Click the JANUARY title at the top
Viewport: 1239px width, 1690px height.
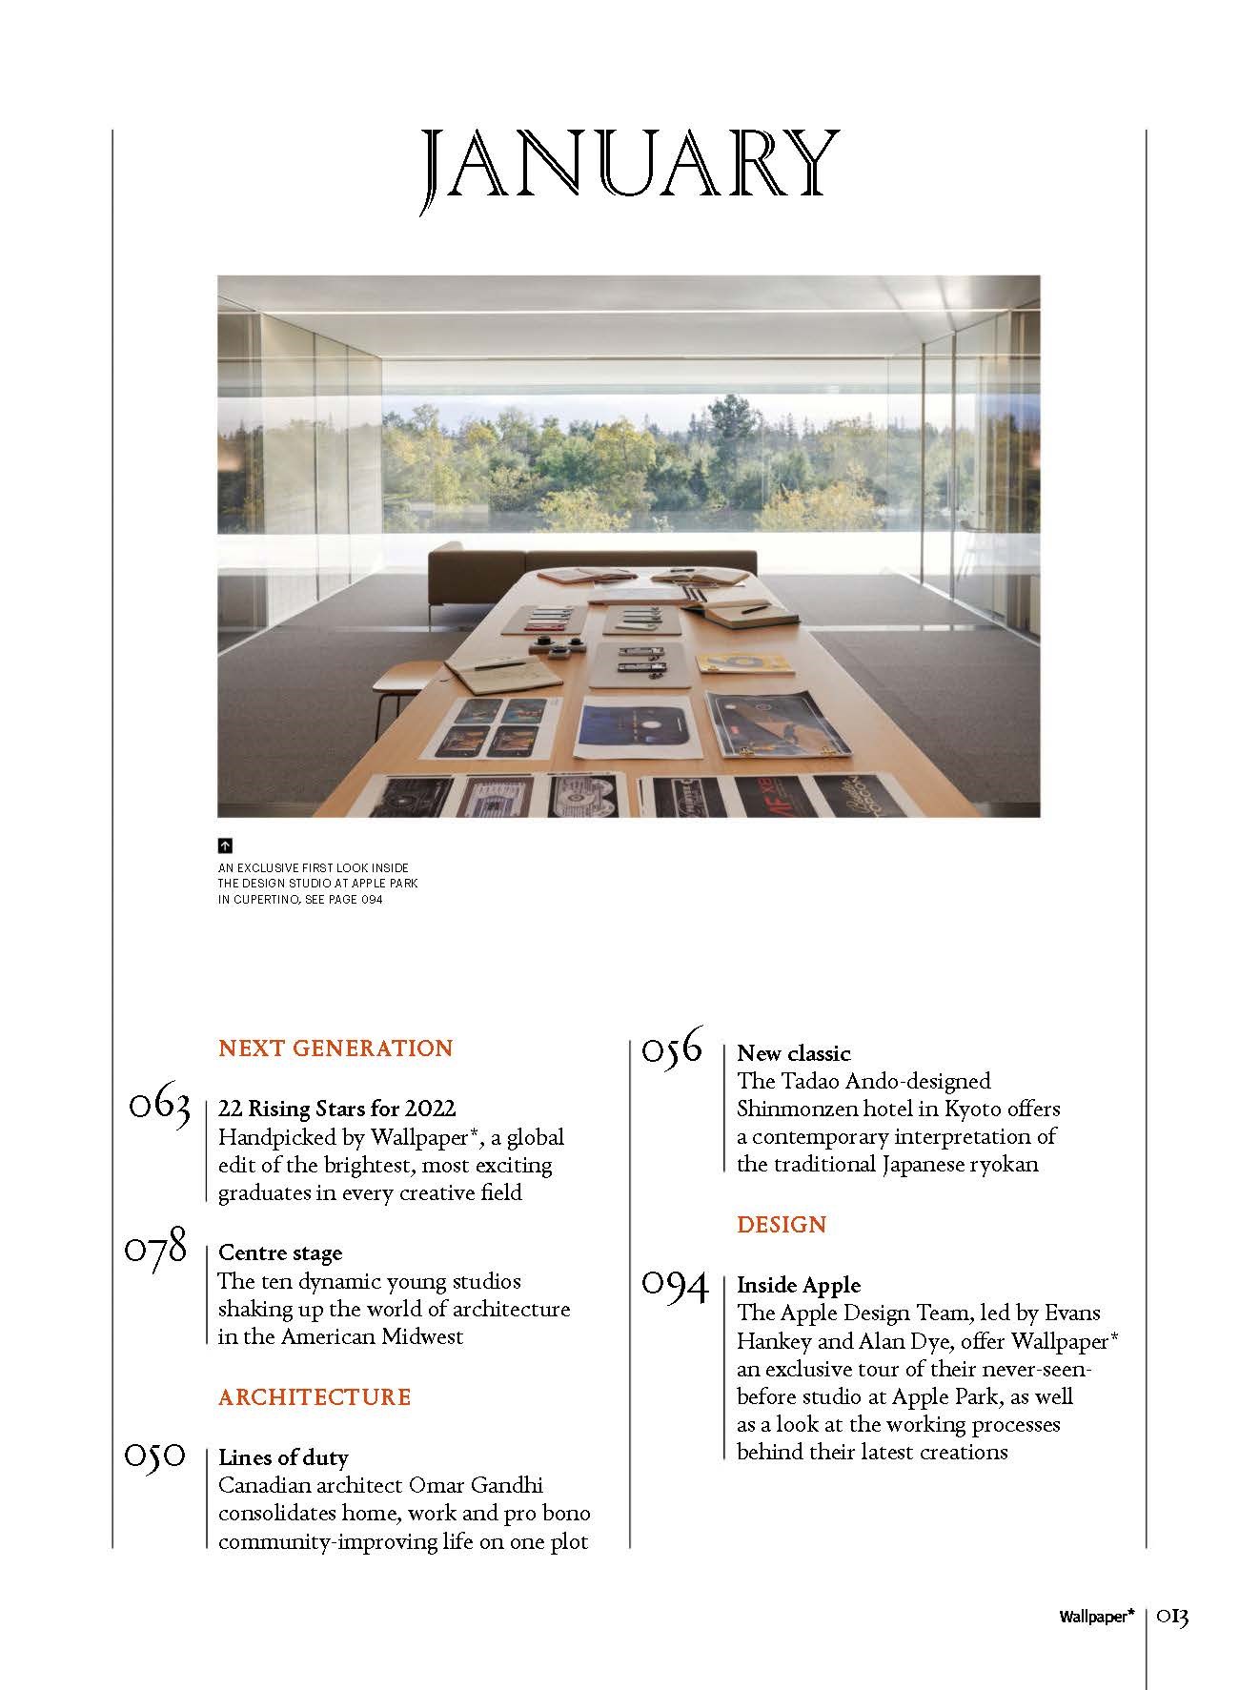coord(630,172)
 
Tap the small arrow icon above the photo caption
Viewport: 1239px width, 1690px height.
coord(225,845)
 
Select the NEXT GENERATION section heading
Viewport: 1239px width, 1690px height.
coord(335,1049)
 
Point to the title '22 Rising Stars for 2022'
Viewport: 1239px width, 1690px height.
coord(336,1109)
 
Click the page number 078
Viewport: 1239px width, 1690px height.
coord(156,1249)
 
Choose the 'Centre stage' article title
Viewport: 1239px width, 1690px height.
coord(279,1252)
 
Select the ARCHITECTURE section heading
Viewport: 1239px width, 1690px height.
coord(315,1397)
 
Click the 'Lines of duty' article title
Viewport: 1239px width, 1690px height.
coord(283,1457)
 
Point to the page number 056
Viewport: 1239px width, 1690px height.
coord(672,1049)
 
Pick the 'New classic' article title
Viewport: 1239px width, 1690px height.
coord(793,1053)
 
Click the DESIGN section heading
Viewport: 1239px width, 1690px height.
coord(782,1225)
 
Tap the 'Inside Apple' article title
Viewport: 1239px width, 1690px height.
coord(798,1285)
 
